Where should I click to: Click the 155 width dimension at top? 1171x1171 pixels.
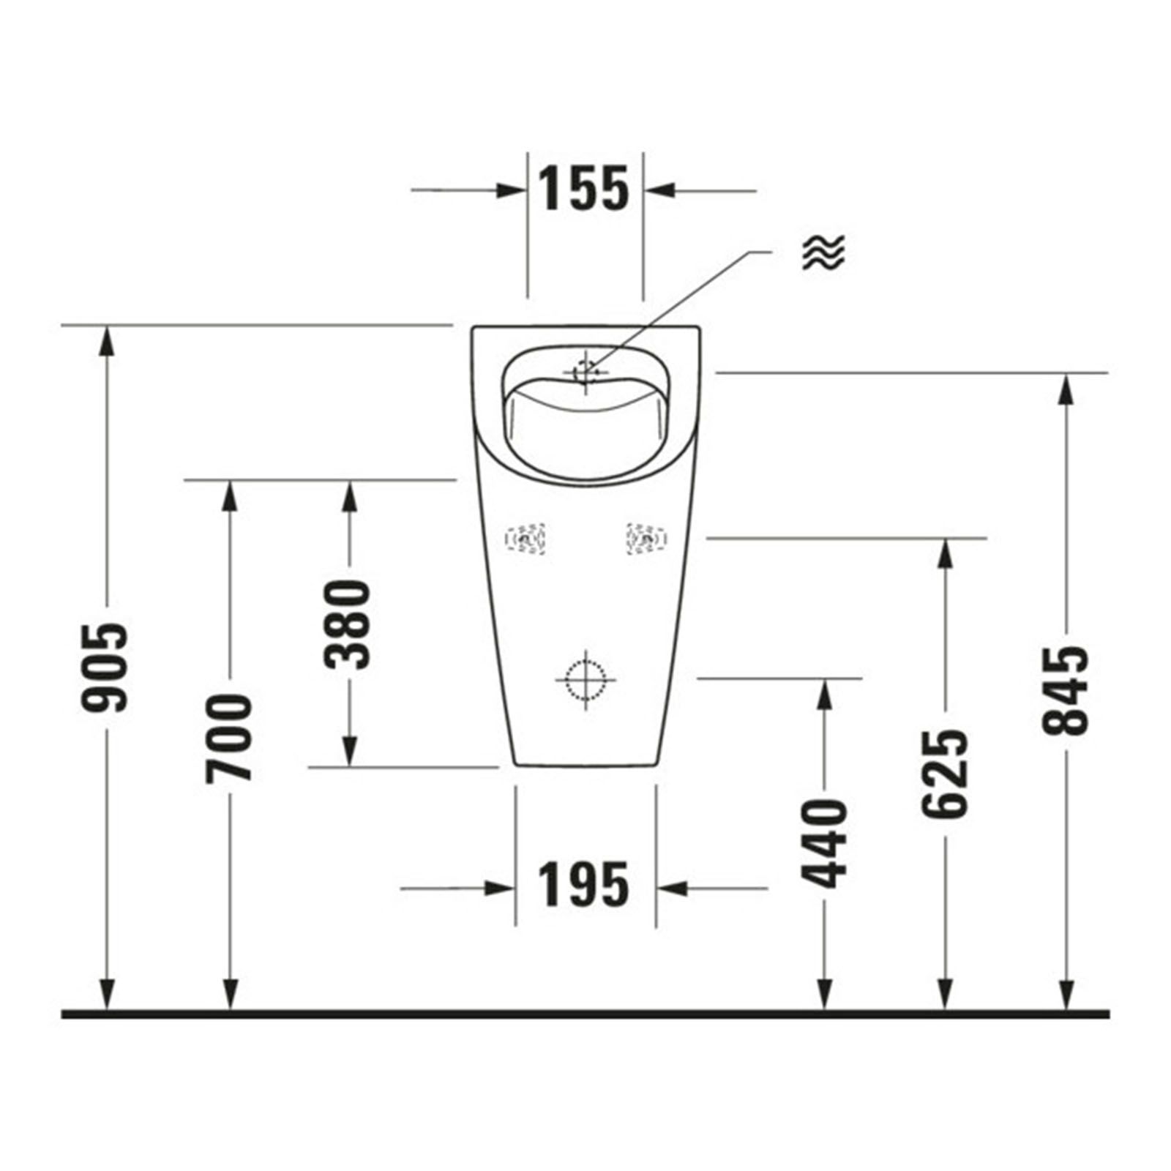584,189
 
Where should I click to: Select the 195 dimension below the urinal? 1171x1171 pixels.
584,884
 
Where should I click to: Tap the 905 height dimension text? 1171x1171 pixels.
105,667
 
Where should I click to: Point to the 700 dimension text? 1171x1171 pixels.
228,738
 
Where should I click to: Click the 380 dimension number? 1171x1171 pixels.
348,624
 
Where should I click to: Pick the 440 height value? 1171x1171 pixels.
824,844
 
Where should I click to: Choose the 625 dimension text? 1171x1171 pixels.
945,774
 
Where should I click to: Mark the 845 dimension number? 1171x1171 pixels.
1066,690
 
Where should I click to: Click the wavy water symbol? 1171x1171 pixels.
823,253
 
